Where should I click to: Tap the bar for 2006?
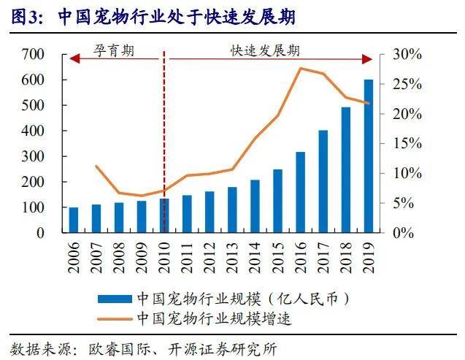[x=73, y=220]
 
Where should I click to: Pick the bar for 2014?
[x=255, y=206]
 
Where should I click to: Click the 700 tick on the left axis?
[x=34, y=55]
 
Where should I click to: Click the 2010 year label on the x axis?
[x=164, y=256]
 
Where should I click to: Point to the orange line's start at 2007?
[x=96, y=166]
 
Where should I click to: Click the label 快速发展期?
[x=265, y=52]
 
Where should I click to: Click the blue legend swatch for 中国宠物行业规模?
[x=114, y=299]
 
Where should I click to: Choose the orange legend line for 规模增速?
[x=114, y=318]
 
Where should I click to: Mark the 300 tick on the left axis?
[x=34, y=156]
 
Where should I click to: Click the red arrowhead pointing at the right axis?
[x=371, y=61]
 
